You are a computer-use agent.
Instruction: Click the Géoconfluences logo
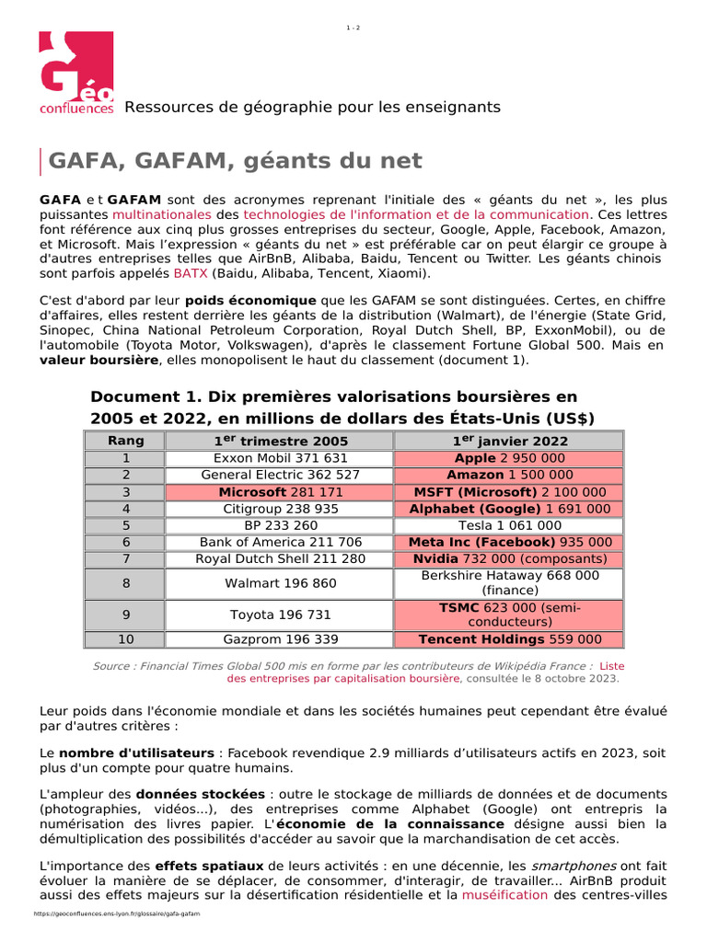point(76,74)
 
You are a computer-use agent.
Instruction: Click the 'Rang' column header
point(126,441)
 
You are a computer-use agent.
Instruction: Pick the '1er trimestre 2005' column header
point(280,441)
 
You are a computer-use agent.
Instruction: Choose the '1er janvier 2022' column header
point(509,441)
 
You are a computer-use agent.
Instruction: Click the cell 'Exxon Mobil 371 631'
point(280,457)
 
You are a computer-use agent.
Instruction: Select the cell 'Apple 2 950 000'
point(509,457)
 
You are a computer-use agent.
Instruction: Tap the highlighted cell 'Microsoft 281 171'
point(280,492)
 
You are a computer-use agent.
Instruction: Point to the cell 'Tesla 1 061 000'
point(509,525)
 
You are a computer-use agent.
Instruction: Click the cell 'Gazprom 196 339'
point(280,639)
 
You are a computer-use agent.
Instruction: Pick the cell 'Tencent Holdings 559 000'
point(509,639)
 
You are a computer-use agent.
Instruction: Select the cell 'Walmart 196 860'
point(280,583)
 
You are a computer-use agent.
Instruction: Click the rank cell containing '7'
point(126,558)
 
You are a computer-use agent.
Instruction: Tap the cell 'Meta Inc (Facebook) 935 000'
point(509,542)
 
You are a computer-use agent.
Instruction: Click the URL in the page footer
point(116,914)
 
